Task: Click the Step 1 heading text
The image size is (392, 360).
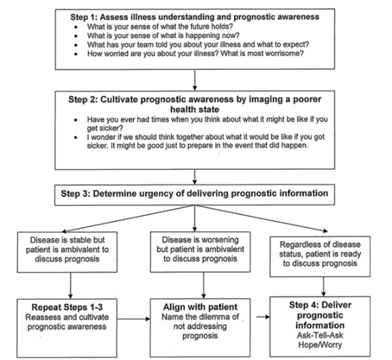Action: click(x=194, y=16)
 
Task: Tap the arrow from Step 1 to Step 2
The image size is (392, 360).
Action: click(x=194, y=80)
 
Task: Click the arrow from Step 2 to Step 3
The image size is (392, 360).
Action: click(x=194, y=176)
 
